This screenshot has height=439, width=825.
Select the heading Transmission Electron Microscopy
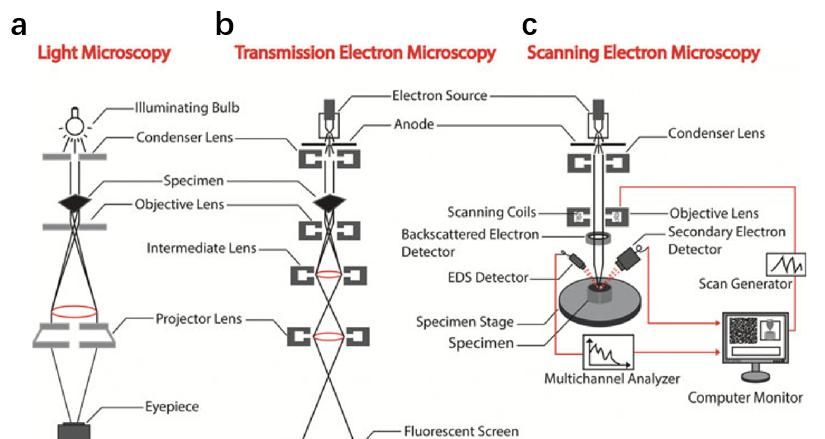point(364,52)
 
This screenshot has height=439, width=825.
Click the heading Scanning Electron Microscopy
point(643,52)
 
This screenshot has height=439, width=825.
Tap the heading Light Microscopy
point(103,52)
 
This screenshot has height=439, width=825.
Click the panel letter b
point(224,23)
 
